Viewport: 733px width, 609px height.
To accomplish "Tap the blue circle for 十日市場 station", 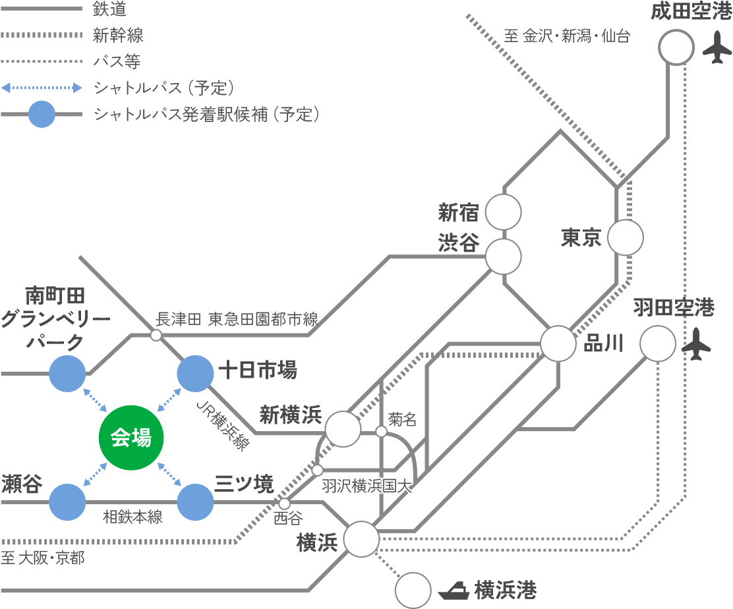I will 196,374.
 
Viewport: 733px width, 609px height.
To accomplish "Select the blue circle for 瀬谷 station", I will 67,502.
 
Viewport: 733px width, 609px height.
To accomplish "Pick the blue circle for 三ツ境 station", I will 196,502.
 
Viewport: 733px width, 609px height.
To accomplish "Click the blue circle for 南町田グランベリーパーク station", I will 67,374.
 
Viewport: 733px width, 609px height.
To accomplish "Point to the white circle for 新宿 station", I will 504,212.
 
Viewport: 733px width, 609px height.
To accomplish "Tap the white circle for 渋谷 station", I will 504,256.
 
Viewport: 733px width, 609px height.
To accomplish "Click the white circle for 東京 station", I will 625,237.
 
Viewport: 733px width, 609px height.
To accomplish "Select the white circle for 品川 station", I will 558,343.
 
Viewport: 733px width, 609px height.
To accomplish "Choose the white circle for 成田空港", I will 676,47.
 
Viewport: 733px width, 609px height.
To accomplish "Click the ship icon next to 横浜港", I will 454,590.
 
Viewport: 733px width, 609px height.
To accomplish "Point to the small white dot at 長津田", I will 156,335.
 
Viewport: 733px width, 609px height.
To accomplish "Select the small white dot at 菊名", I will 381,432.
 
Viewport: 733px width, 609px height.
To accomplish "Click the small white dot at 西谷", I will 285,504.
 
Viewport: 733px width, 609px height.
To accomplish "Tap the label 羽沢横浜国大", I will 366,486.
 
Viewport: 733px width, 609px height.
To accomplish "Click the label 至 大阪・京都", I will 43,558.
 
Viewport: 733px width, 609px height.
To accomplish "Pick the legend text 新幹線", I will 118,35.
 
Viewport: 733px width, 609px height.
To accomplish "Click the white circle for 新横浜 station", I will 343,429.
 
